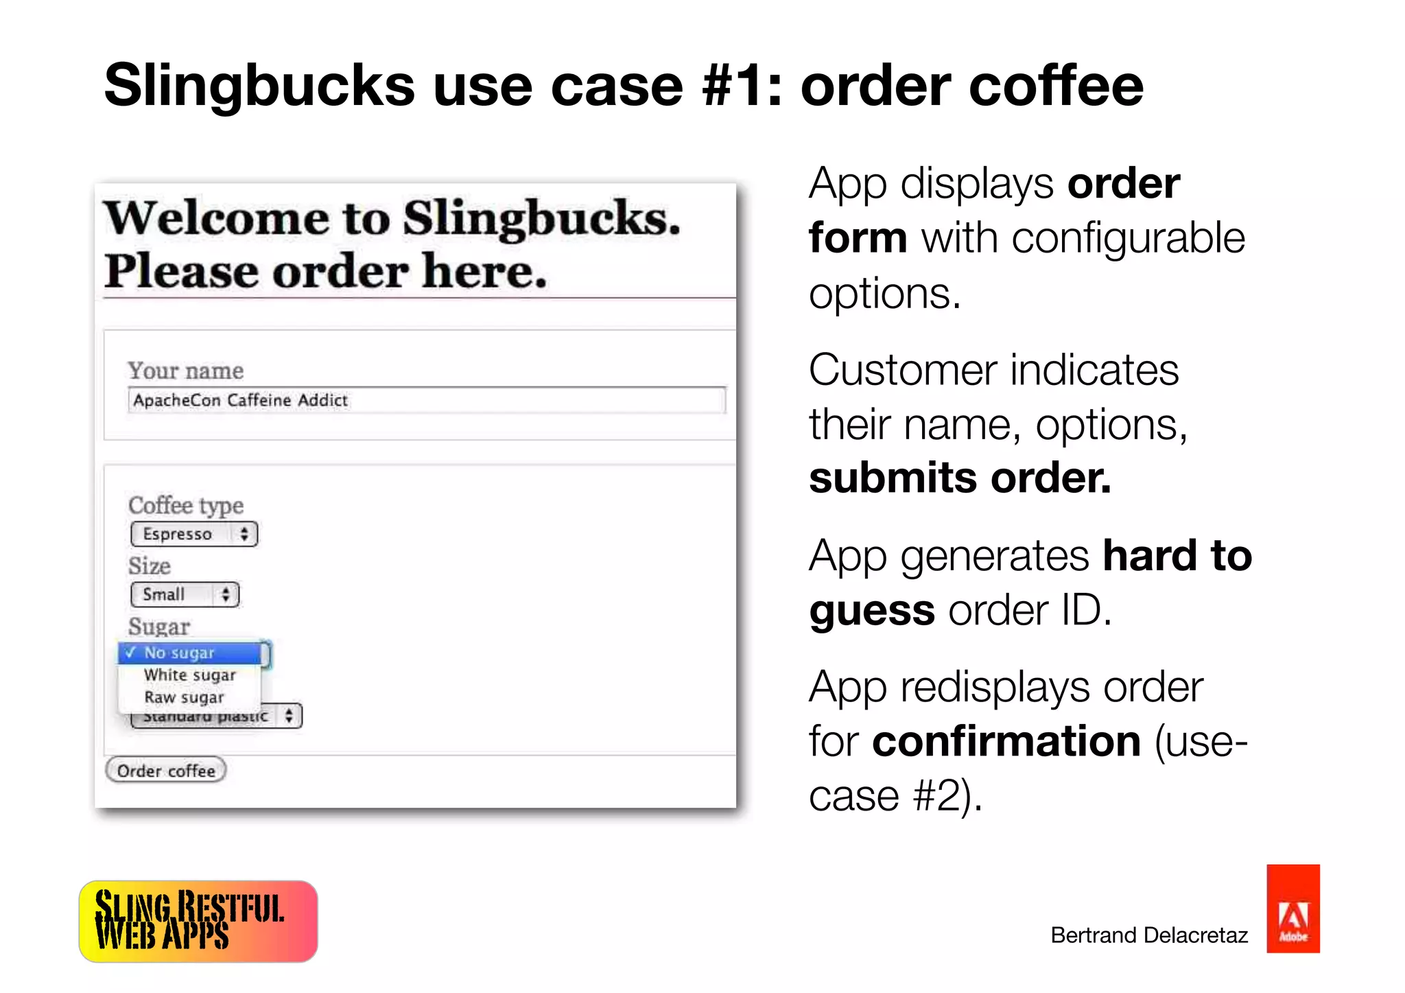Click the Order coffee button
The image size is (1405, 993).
coord(166,771)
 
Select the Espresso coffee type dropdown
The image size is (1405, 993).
coord(194,534)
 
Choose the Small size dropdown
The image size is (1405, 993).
coord(185,594)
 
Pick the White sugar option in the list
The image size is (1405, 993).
coord(190,675)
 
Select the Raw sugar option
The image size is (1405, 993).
coord(184,697)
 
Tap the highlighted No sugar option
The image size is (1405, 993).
coord(189,653)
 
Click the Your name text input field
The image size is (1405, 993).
coord(426,400)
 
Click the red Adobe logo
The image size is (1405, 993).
coord(1292,909)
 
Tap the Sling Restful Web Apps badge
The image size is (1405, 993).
coord(198,921)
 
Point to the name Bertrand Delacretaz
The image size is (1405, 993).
coord(1148,935)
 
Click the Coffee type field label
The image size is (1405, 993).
coord(186,505)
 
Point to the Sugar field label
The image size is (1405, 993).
coord(159,627)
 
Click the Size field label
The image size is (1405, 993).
coord(150,566)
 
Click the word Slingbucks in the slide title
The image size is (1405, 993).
coord(260,86)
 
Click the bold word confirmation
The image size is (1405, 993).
coord(1006,741)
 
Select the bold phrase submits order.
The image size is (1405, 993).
coord(960,478)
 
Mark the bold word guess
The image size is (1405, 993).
coord(871,610)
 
